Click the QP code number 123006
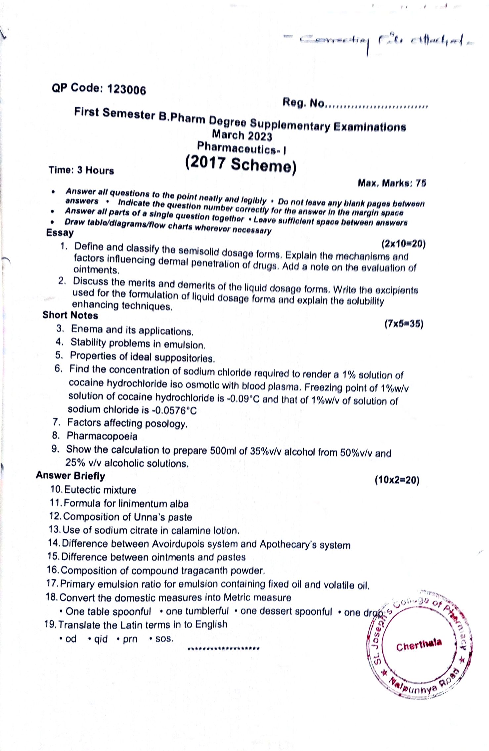[x=126, y=90]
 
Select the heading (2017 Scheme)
[x=241, y=164]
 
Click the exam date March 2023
[x=242, y=135]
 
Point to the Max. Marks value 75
[x=421, y=183]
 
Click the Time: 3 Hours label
[x=81, y=170]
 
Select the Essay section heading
[x=60, y=232]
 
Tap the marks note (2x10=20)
[x=403, y=244]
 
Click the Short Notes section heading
[x=70, y=315]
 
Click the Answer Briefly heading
[x=70, y=476]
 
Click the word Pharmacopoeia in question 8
[x=102, y=436]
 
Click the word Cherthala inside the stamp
[x=419, y=645]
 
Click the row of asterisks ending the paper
[x=223, y=648]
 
